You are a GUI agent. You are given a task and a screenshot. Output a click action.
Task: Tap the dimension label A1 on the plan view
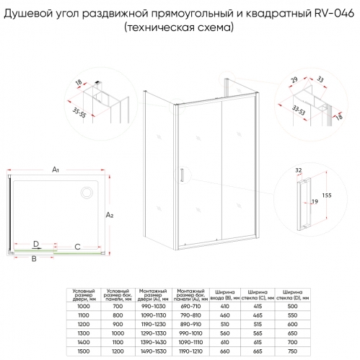[56, 171]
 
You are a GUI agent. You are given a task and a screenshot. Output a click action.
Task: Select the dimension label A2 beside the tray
[110, 215]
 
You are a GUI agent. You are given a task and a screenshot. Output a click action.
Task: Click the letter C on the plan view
[77, 246]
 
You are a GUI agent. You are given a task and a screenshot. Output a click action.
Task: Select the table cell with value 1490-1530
[153, 351]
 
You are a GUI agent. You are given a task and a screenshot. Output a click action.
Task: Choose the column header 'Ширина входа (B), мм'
[222, 294]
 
